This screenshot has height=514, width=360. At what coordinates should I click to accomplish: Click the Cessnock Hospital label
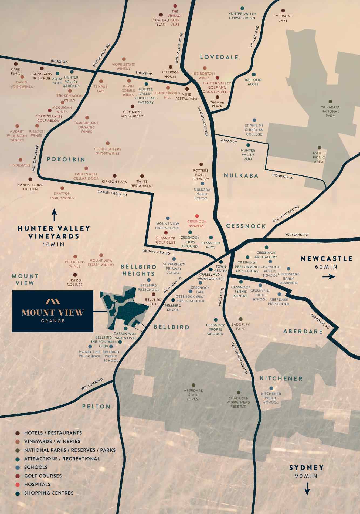[x=197, y=224]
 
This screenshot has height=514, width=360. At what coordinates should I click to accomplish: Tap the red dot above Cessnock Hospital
[x=197, y=216]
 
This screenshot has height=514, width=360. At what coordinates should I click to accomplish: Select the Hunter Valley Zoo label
[x=248, y=155]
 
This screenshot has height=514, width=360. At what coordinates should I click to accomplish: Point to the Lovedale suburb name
[x=219, y=57]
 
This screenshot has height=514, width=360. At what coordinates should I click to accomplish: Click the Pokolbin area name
[x=66, y=159]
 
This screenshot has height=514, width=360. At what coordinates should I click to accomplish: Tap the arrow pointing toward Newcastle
[x=328, y=277]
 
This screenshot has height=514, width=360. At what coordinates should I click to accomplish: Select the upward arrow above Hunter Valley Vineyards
[x=55, y=215]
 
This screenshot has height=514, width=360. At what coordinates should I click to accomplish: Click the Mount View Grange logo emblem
[x=53, y=301]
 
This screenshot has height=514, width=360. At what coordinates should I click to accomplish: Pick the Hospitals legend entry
[x=37, y=484]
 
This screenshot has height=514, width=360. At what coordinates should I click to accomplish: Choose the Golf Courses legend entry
[x=43, y=476]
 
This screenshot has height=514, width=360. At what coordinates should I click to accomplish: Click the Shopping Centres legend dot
[x=18, y=493]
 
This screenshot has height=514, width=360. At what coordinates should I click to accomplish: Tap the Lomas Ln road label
[x=229, y=141]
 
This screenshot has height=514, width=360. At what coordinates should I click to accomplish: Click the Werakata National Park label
[x=330, y=111]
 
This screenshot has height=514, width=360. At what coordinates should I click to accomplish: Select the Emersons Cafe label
[x=283, y=18]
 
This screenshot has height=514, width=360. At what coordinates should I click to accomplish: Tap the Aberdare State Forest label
[x=193, y=395]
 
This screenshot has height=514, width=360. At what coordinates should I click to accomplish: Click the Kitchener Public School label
[x=271, y=398]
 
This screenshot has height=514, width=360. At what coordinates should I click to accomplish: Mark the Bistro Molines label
[x=75, y=282]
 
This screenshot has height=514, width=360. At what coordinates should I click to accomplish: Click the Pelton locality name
[x=96, y=407]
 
